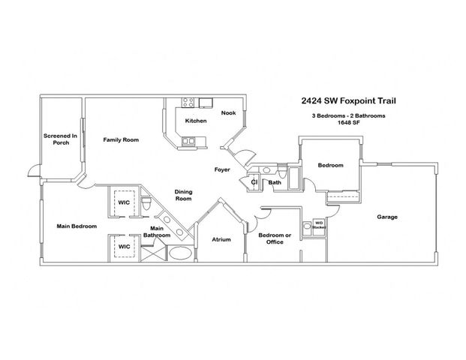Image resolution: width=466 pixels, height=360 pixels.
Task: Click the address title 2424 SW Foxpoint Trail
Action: (x=347, y=100)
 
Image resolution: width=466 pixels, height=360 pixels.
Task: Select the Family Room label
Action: (x=121, y=139)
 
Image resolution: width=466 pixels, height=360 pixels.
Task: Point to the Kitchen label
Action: (x=196, y=121)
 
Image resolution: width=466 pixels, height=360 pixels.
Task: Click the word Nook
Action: (x=229, y=113)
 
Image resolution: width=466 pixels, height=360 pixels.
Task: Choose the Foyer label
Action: (x=221, y=169)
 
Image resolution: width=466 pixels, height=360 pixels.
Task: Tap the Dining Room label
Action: (x=184, y=196)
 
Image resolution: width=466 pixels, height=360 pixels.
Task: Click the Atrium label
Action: (x=221, y=239)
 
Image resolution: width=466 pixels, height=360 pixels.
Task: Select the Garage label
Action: (x=387, y=217)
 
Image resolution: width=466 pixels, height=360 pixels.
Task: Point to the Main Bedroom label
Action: (x=77, y=225)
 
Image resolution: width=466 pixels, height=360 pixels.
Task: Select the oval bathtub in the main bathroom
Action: (x=180, y=253)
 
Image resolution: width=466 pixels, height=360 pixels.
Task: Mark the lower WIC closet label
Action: (x=125, y=245)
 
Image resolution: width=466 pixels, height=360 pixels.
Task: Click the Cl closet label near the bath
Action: (x=254, y=181)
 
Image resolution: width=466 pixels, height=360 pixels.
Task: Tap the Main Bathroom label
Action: (x=158, y=232)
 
